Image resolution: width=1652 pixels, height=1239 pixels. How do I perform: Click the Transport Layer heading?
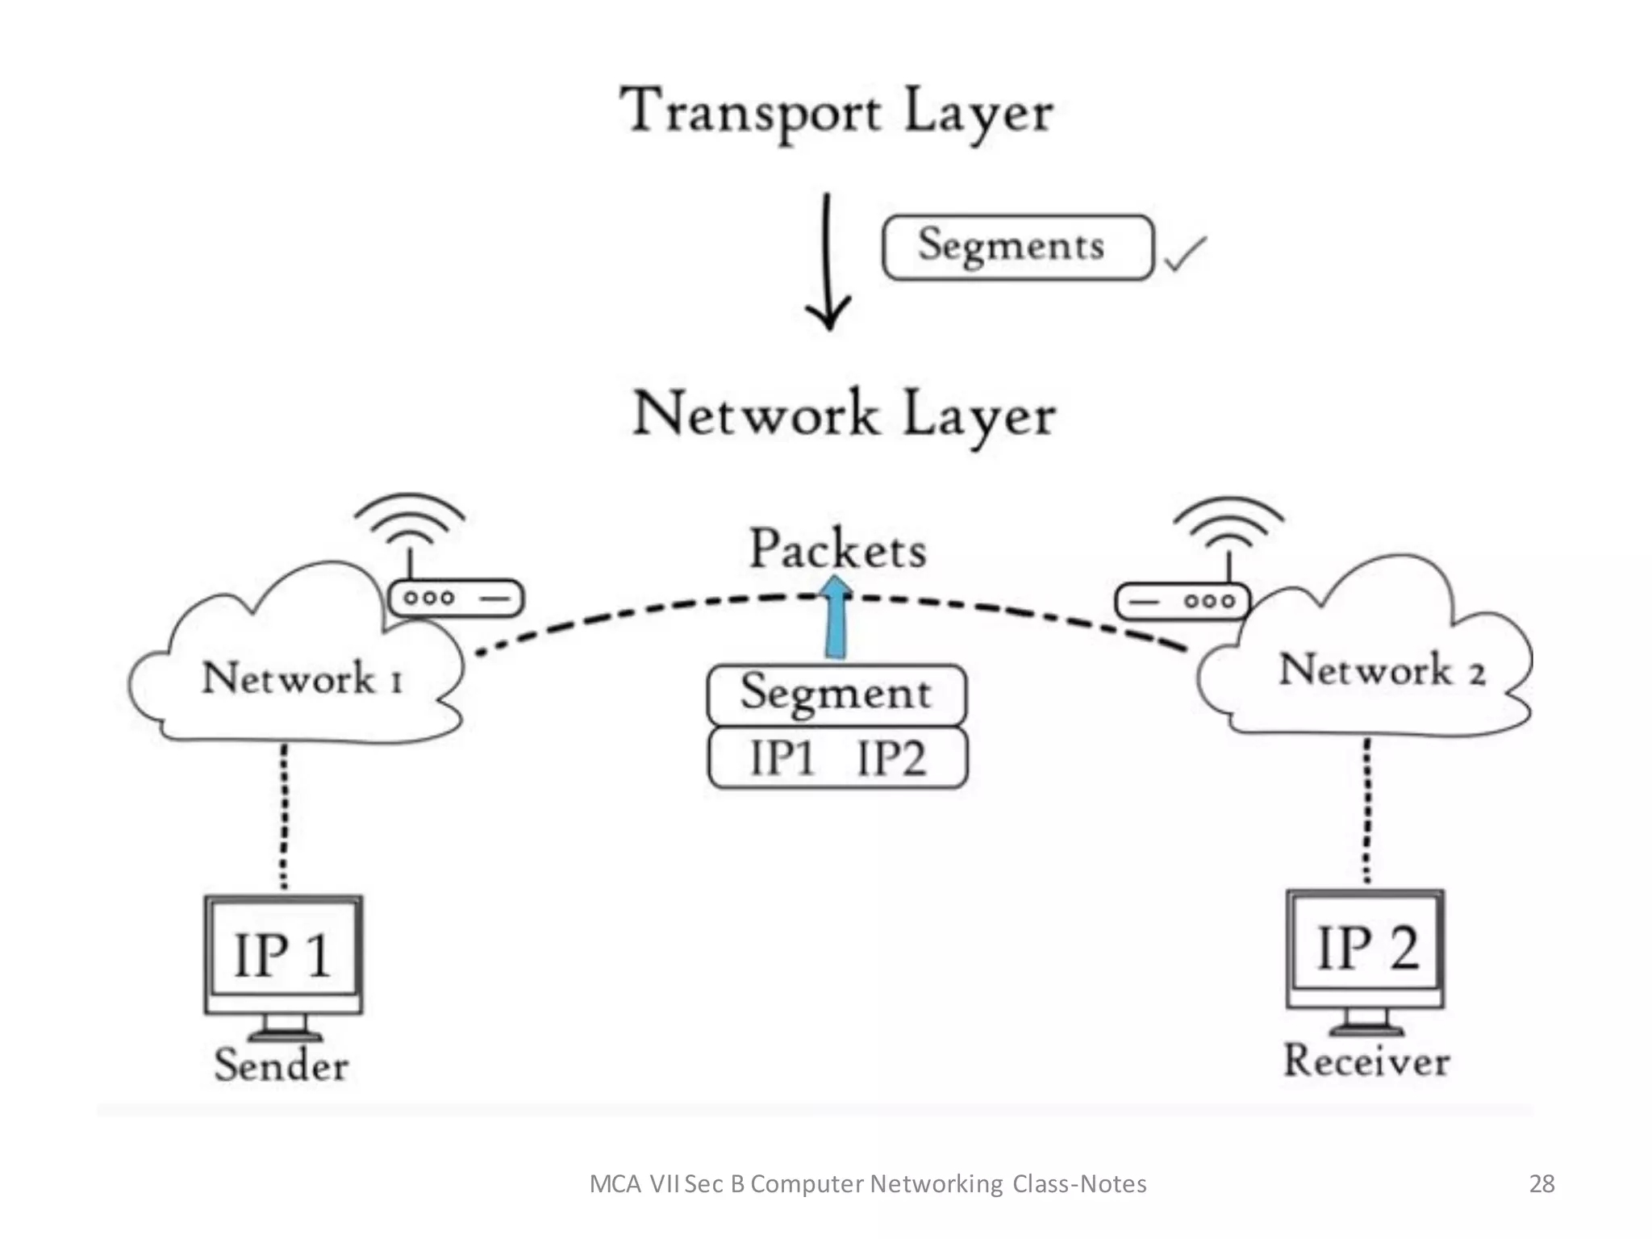[836, 113]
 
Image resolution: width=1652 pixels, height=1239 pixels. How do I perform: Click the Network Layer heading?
[844, 415]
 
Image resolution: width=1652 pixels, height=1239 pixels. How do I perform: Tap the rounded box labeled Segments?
[1017, 247]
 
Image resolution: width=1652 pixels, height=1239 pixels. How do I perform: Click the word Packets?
[838, 549]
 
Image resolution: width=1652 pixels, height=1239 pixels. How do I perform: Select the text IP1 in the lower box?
[782, 759]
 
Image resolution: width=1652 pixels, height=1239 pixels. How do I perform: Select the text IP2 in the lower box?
[891, 759]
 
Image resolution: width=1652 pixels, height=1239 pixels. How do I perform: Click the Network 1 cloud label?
[302, 678]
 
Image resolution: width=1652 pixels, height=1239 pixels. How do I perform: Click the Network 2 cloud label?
[1382, 670]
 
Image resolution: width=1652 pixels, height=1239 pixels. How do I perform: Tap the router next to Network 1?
[456, 599]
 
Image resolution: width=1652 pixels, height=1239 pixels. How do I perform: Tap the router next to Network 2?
[1182, 602]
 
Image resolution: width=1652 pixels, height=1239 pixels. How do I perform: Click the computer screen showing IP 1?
[283, 954]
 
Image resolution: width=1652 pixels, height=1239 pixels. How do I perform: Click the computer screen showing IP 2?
[1366, 948]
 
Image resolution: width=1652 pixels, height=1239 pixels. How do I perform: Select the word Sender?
[282, 1065]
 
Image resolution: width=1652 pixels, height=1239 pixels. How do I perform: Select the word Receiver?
[1366, 1060]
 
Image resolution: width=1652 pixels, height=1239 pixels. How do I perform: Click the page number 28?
[1541, 1183]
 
